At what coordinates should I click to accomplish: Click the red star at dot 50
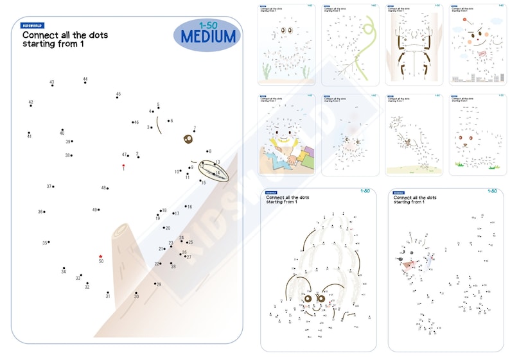coord(101,256)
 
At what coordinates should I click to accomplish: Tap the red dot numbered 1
coord(123,166)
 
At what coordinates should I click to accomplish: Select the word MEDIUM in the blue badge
coord(208,37)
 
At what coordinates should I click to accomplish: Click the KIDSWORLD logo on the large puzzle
coord(33,26)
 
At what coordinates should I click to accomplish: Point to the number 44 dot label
coord(85,80)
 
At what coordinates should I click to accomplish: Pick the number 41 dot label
coord(29,136)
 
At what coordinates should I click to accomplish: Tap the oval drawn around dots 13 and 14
coord(213,169)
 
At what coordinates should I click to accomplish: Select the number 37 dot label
coord(49,187)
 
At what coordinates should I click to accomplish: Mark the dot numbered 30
coord(136,292)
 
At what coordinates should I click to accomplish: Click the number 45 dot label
coord(118,94)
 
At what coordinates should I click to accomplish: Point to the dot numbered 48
coord(108,189)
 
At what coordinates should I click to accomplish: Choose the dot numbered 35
coord(49,242)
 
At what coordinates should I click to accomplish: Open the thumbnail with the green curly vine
coord(351,45)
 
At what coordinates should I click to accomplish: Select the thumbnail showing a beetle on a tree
coord(414,45)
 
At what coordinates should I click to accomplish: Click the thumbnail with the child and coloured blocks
coord(287,135)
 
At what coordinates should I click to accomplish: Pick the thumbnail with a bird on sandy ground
coord(414,135)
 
